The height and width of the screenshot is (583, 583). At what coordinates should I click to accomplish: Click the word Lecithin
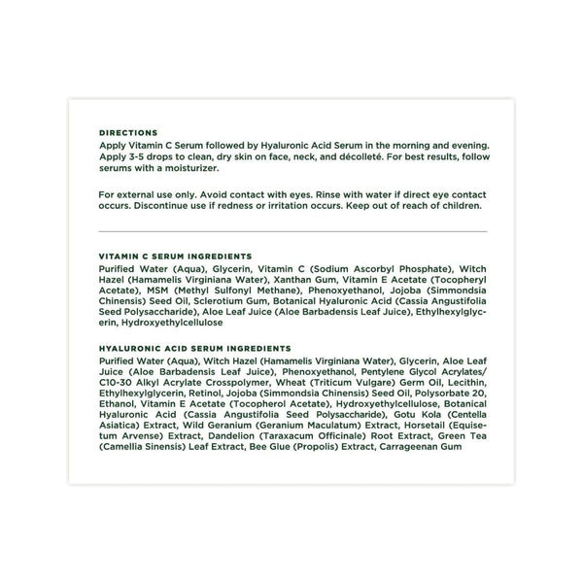point(464,393)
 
